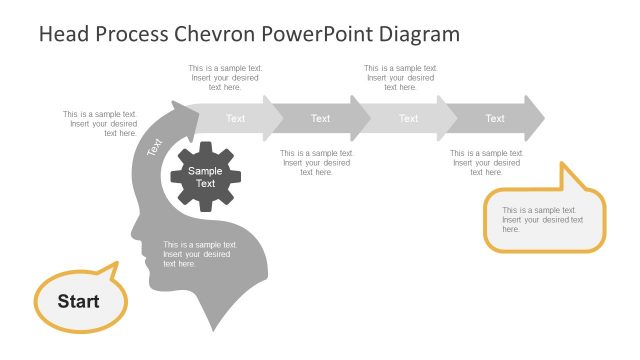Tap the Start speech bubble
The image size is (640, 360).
click(79, 300)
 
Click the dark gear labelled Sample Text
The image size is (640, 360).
click(205, 177)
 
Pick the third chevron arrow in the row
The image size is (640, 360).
click(408, 118)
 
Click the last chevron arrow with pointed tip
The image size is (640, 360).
click(497, 118)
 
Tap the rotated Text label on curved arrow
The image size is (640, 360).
click(155, 146)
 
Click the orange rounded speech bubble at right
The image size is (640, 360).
click(544, 219)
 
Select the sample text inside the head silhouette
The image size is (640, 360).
click(200, 254)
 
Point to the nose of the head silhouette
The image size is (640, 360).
click(135, 237)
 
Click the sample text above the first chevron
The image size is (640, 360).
click(225, 78)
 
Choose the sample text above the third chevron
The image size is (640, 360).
click(401, 78)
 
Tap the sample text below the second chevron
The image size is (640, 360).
click(317, 163)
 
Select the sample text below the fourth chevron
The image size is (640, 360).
click(487, 163)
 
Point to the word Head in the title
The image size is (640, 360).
click(62, 34)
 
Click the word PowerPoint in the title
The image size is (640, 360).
click(320, 34)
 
